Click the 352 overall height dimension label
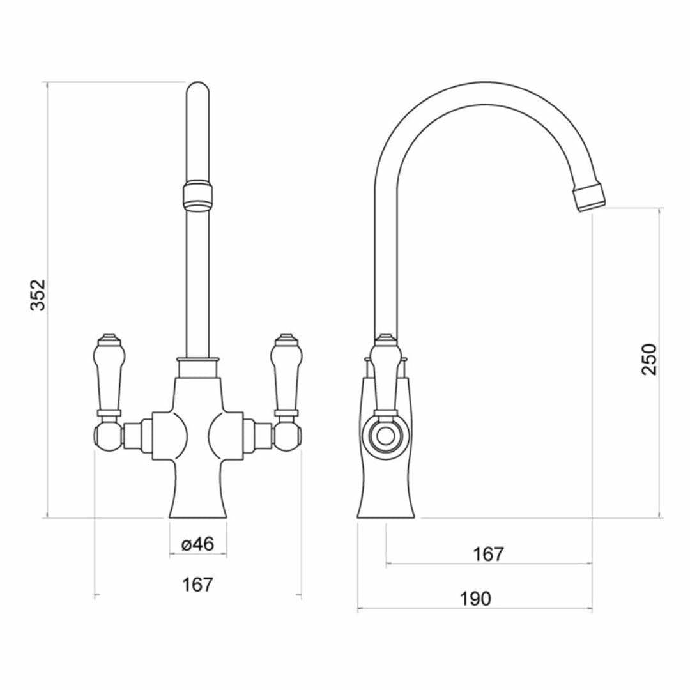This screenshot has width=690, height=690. point(40,295)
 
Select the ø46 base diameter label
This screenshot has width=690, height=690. point(197,544)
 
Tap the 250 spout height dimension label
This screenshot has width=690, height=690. point(649,359)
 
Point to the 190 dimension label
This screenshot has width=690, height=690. point(475,599)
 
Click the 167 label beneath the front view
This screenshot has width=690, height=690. point(197,584)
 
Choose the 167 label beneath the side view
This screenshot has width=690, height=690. point(489,554)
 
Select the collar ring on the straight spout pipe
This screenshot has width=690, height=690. point(197,195)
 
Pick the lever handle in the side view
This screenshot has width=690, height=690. point(385,374)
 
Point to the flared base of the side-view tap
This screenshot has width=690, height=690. point(386,498)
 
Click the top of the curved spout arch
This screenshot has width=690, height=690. point(486,93)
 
